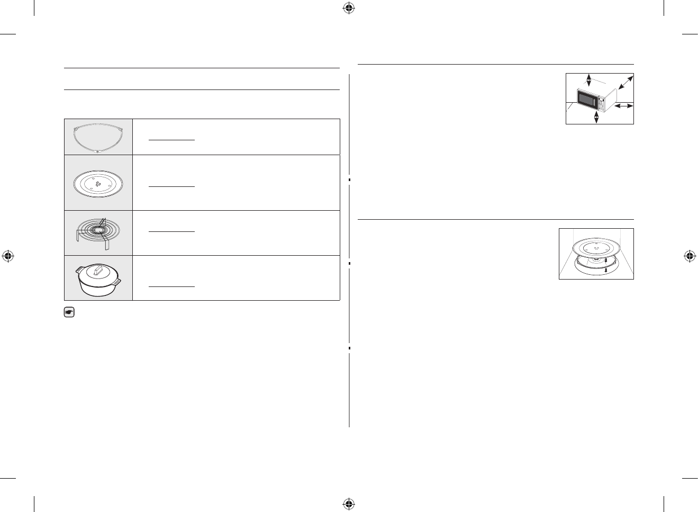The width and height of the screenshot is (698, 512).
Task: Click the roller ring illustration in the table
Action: click(x=98, y=137)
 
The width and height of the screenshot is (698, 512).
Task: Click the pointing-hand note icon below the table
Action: click(x=68, y=312)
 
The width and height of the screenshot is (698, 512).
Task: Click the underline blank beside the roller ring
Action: click(x=171, y=140)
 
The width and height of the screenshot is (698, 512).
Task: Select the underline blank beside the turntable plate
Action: click(x=171, y=186)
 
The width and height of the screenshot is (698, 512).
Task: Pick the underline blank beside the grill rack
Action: click(x=171, y=231)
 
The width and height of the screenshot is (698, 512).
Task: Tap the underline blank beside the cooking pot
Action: click(x=171, y=286)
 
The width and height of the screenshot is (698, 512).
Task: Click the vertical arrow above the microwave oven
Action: click(x=588, y=80)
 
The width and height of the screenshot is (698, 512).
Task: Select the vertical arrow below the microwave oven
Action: click(x=597, y=117)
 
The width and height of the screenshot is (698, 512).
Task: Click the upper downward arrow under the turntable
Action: click(x=605, y=259)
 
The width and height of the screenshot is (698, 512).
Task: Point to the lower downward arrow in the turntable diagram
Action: click(x=606, y=270)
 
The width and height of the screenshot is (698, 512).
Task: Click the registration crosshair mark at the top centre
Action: click(x=348, y=7)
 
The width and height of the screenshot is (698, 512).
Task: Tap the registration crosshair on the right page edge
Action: click(x=689, y=256)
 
